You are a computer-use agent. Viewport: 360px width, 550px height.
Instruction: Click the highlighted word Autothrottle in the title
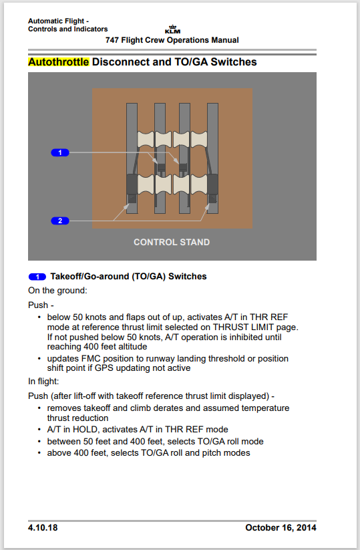(58, 62)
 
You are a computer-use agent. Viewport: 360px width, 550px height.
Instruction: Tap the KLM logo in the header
(172, 30)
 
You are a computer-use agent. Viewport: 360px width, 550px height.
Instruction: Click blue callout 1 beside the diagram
(60, 153)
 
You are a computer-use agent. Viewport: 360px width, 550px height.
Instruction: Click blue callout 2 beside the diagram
(60, 221)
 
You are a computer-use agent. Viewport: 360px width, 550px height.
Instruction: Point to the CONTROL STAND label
(172, 242)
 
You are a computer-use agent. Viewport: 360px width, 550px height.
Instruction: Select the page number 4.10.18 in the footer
(43, 528)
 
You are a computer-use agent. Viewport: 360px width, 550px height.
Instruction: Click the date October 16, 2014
(281, 528)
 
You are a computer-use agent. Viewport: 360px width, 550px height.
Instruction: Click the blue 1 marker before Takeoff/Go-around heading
(37, 277)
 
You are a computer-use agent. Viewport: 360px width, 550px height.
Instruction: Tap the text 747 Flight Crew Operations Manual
(172, 40)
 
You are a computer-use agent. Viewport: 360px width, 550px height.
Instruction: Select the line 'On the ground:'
(57, 290)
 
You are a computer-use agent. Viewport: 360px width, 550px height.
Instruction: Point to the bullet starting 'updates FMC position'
(167, 359)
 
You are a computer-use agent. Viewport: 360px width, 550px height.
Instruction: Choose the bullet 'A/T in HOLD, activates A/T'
(137, 429)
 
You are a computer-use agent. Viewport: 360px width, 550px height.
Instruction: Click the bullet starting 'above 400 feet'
(148, 452)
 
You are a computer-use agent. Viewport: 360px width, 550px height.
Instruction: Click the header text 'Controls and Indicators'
(67, 29)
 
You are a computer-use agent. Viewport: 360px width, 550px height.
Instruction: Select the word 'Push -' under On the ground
(39, 304)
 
